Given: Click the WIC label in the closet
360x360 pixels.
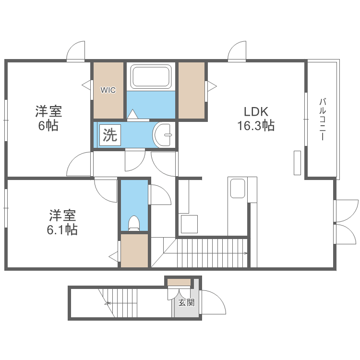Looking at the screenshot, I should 108,90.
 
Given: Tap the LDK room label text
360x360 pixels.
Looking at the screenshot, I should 255,111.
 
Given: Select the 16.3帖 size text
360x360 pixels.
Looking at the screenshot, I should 255,126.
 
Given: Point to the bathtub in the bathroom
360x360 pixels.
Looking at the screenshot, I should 151,77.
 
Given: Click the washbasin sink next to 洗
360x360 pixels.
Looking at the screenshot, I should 164,134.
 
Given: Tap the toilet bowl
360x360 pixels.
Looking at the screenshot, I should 134,223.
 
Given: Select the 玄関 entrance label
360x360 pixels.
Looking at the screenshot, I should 187,302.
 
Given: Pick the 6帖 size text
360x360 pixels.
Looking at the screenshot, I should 48,126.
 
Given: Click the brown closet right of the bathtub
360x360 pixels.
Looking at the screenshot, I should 192,90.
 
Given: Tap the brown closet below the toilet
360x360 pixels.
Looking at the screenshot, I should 134,250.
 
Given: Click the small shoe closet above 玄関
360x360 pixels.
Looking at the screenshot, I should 179,282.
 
